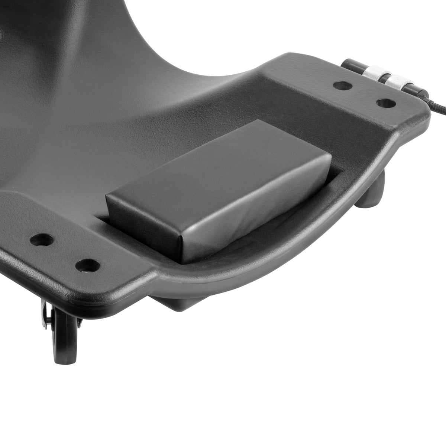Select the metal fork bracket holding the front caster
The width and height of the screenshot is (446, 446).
(x=45, y=316)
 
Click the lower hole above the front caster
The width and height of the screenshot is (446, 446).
(x=88, y=265)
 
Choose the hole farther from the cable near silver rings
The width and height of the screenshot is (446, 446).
(x=342, y=85)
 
